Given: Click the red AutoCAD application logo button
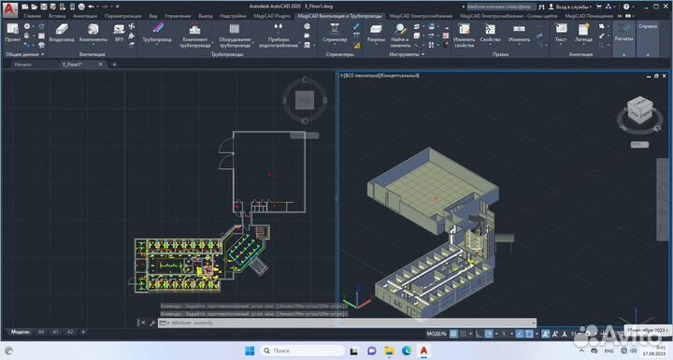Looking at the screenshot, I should pyautogui.click(x=8, y=7).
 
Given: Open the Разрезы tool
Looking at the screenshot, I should pyautogui.click(x=375, y=34).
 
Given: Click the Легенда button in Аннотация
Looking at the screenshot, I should pyautogui.click(x=583, y=34).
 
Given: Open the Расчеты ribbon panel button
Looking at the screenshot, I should pyautogui.click(x=623, y=35).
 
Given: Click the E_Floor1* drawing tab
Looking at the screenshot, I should pyautogui.click(x=74, y=65).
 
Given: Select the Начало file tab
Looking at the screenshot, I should pyautogui.click(x=23, y=65).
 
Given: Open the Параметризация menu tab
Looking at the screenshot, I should pyautogui.click(x=123, y=17).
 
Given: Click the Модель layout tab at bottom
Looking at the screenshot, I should pyautogui.click(x=20, y=332).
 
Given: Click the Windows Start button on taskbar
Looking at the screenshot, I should pyautogui.click(x=249, y=351).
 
